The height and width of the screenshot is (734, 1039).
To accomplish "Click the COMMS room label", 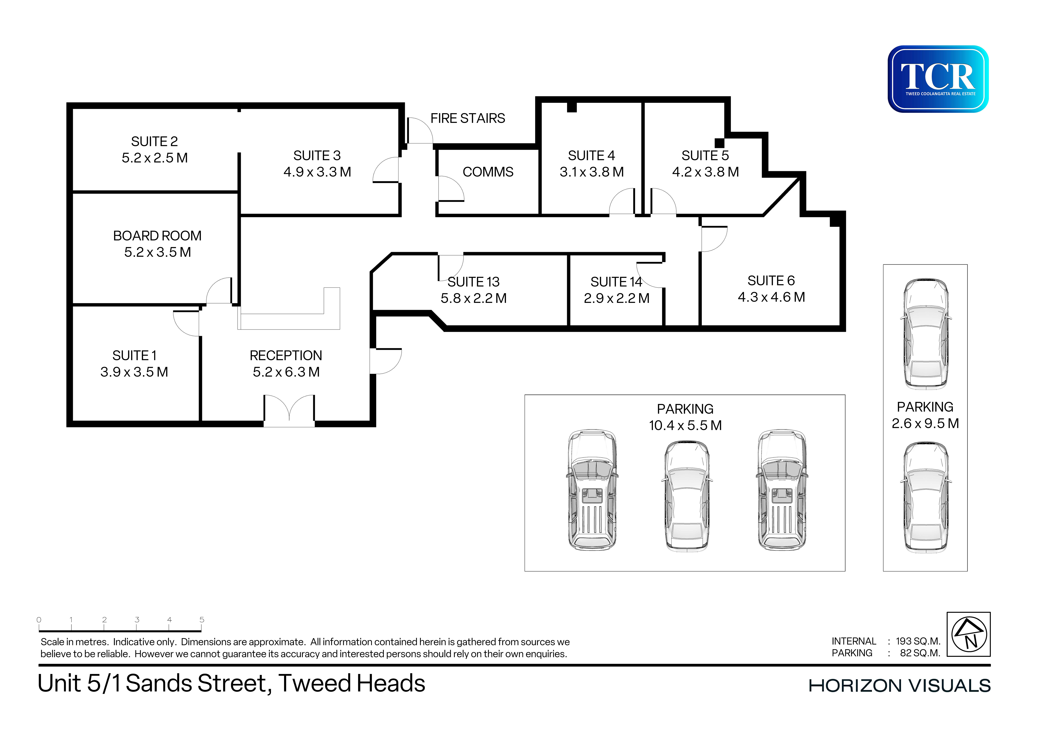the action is point(488,172).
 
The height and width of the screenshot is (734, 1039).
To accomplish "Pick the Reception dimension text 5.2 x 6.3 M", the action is point(286,372).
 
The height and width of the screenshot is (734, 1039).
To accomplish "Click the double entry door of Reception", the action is point(289,409).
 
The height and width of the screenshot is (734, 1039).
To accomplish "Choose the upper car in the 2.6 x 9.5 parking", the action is point(925,334).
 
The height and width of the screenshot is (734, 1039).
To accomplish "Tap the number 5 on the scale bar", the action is point(202,619).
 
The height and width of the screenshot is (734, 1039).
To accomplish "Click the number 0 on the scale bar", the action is point(39,619).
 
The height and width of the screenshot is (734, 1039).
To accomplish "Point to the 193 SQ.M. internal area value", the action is point(918,641).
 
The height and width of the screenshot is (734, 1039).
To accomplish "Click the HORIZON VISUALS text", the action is point(900,686).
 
